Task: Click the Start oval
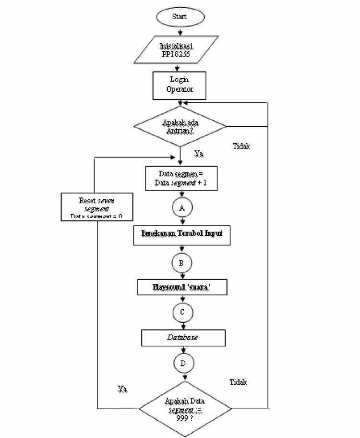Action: pos(180,16)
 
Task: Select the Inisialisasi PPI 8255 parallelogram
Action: pos(180,49)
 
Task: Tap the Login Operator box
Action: pos(180,85)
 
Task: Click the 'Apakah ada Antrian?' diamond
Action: pos(180,126)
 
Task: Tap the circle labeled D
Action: pos(183,363)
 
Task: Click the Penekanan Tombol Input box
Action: pos(182,234)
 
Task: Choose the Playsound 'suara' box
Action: pos(182,288)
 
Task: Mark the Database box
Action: pos(182,338)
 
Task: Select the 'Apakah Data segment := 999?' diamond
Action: pos(185,409)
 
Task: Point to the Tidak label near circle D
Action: pos(239,382)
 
